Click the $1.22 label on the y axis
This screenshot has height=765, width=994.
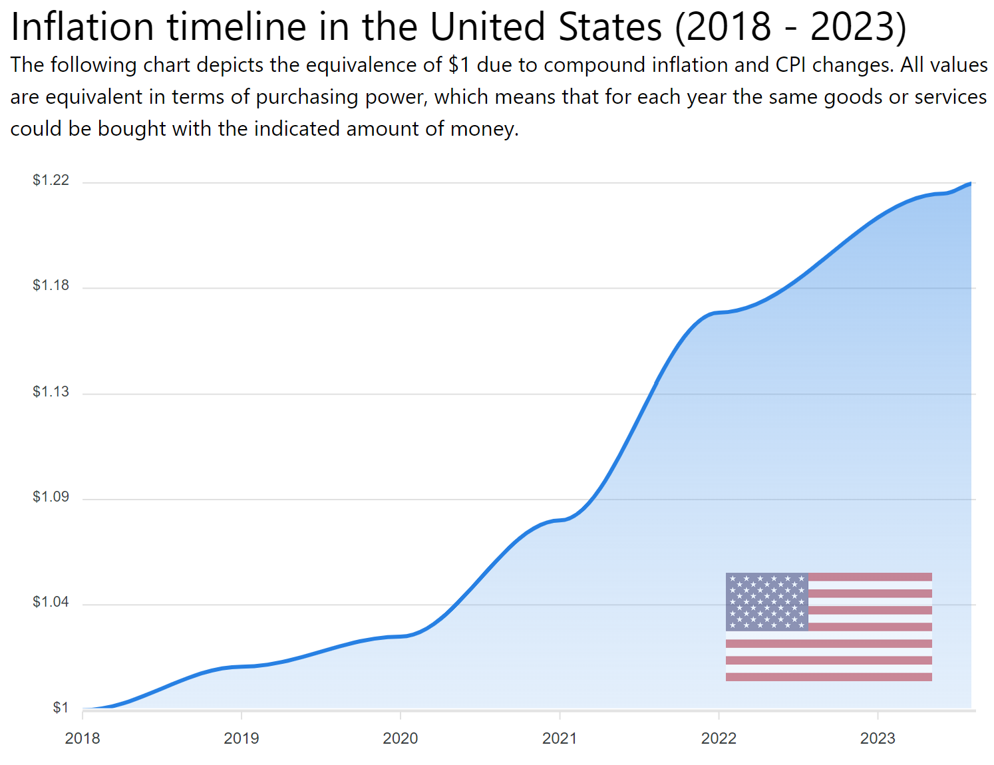click(51, 180)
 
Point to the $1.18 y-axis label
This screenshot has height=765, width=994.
click(51, 285)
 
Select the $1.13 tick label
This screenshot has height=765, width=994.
click(51, 391)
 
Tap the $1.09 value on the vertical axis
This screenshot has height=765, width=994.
click(51, 497)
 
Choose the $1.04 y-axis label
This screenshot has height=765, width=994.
click(51, 602)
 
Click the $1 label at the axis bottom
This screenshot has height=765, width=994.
click(61, 708)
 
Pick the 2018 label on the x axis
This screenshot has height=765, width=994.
click(83, 738)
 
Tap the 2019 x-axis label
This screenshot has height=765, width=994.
click(242, 738)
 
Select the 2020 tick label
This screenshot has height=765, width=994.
click(401, 738)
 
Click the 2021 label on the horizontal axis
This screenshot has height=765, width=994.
click(560, 738)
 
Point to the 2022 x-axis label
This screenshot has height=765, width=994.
click(719, 738)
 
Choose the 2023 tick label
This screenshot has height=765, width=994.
click(878, 738)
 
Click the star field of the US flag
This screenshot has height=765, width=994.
click(766, 601)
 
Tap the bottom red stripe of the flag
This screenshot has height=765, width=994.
click(828, 677)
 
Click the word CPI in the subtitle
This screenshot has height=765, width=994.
click(790, 65)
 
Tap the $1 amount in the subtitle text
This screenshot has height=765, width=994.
click(459, 65)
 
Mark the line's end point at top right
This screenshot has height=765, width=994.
click(971, 183)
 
